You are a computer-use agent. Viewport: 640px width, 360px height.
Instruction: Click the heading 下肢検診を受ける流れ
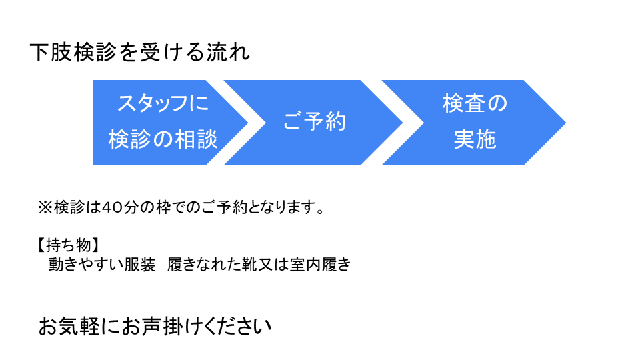(139, 52)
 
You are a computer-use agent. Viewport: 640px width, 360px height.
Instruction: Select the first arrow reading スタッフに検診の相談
(163, 123)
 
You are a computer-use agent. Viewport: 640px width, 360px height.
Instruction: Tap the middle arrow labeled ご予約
(313, 123)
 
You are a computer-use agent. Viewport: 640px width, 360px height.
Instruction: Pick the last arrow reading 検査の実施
(474, 123)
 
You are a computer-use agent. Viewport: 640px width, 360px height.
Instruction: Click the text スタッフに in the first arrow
(163, 103)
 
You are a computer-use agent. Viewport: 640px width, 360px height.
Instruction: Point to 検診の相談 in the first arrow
(163, 139)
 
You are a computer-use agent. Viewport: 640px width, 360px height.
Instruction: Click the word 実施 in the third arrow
(475, 139)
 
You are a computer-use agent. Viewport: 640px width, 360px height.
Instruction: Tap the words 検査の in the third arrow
(475, 103)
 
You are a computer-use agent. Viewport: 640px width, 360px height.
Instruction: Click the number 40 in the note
(110, 207)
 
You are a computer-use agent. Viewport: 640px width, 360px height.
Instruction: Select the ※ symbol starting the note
(45, 207)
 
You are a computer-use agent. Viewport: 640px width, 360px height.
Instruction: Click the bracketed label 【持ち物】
(68, 245)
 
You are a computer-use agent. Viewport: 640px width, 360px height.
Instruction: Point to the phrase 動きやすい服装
(102, 265)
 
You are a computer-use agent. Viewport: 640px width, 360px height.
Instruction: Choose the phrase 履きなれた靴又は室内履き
(259, 265)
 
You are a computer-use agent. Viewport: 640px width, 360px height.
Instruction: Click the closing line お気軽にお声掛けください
(155, 326)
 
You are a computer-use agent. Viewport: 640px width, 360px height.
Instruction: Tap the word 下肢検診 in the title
(73, 52)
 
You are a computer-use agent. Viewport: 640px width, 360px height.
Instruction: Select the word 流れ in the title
(228, 52)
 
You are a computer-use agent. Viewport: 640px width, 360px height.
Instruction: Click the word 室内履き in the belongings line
(321, 265)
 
